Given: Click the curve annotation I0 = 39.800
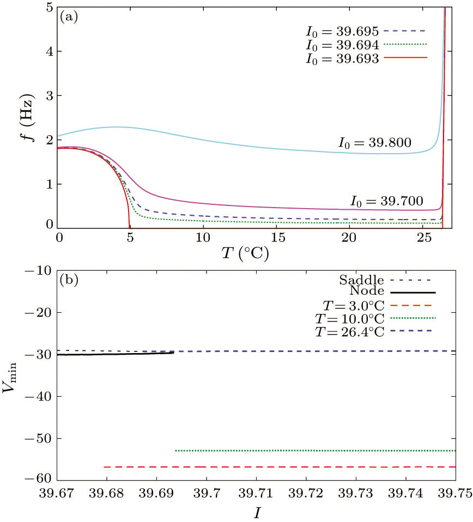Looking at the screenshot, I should coord(373,143).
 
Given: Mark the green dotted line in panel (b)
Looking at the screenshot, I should coord(316,451).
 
